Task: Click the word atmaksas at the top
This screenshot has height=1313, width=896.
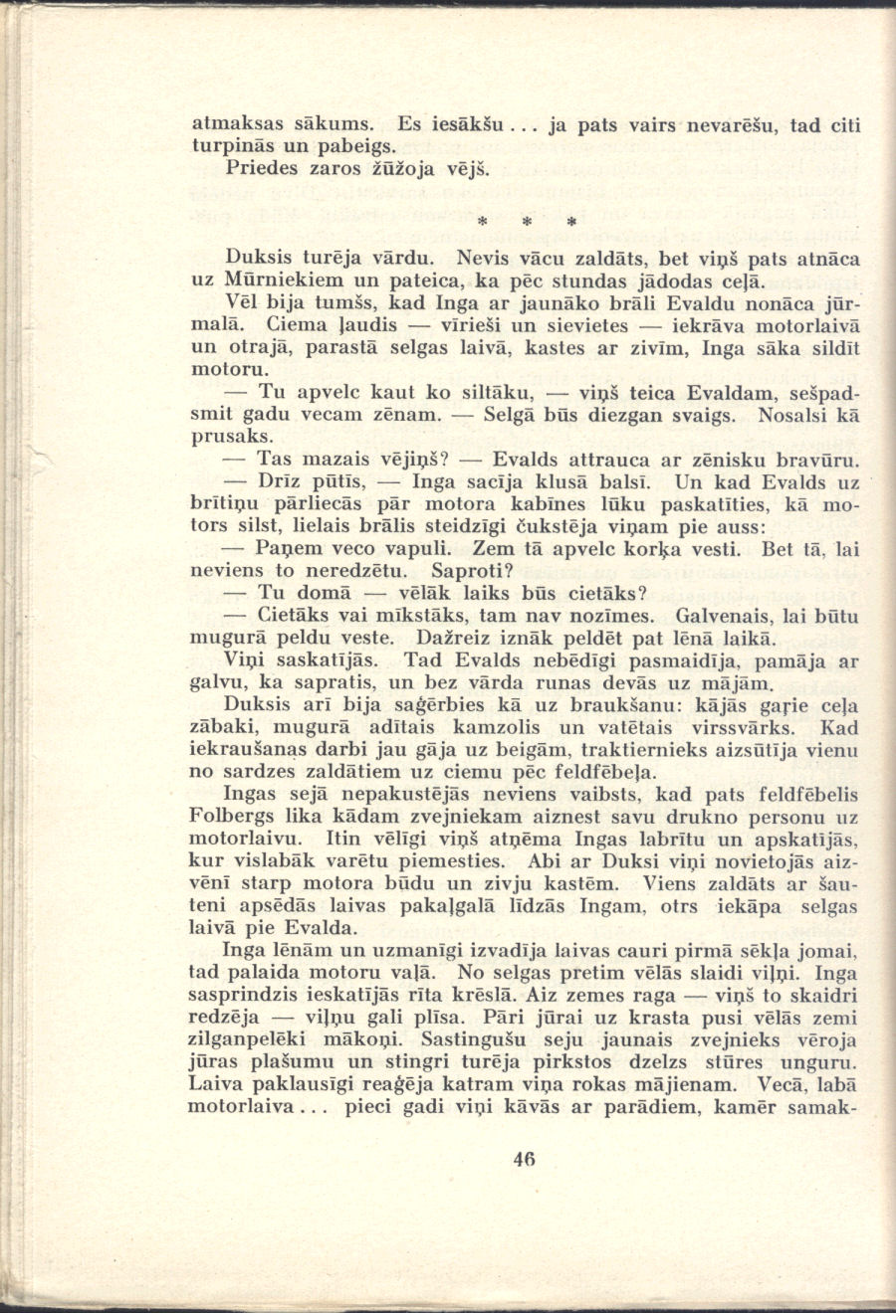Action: tap(233, 125)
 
